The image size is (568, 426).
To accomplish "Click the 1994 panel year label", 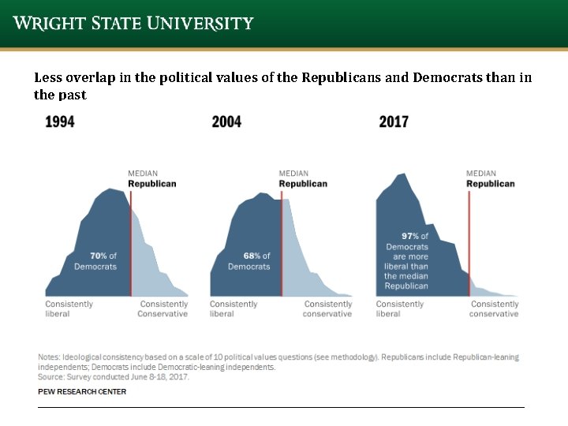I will coord(60,121).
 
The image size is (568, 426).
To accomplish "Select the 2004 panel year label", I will coord(226,121).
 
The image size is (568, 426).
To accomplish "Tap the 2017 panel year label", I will coord(394,121).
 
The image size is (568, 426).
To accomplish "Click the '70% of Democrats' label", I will coord(95,261).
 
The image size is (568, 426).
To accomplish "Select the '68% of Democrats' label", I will coord(249,261).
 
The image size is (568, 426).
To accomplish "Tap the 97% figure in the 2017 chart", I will coord(409,236).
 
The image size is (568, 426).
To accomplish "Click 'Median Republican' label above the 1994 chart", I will coord(151,178).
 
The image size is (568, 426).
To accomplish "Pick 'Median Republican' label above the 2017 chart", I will coord(490,178).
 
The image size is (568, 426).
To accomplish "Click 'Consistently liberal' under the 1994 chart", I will coord(69,308).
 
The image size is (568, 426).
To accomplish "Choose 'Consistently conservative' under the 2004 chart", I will coord(327,308).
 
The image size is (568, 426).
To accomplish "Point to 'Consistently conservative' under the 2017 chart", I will coord(494,308).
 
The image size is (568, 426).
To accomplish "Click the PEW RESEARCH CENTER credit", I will coord(82,391).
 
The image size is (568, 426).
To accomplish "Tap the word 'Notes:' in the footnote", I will coord(49,357).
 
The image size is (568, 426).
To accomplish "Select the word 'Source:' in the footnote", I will coord(53,376).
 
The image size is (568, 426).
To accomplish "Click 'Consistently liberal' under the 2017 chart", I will coord(399,308).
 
